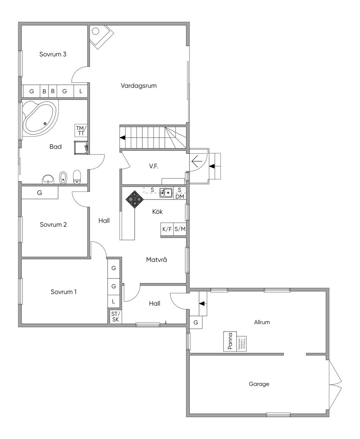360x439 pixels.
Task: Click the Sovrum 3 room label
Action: [x=53, y=54]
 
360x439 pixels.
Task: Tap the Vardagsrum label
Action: [x=139, y=86]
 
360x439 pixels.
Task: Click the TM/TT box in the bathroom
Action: [x=81, y=130]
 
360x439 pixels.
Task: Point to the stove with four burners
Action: [x=135, y=200]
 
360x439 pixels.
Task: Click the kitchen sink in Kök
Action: [x=166, y=193]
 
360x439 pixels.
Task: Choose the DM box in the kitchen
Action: [x=180, y=197]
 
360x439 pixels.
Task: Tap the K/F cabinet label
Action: [x=167, y=229]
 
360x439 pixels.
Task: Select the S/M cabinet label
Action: [x=180, y=229]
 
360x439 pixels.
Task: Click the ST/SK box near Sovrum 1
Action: [x=115, y=317]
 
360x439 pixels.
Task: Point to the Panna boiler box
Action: [x=230, y=341]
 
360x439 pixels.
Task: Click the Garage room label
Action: [x=259, y=384]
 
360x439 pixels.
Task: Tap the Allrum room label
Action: [x=262, y=322]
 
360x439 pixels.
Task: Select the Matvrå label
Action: [x=156, y=260]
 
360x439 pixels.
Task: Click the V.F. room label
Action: [x=154, y=166]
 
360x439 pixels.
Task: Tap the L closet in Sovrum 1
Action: [x=114, y=301]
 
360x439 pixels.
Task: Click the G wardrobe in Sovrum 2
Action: [x=40, y=193]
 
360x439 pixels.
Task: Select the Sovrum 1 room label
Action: [x=64, y=292]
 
